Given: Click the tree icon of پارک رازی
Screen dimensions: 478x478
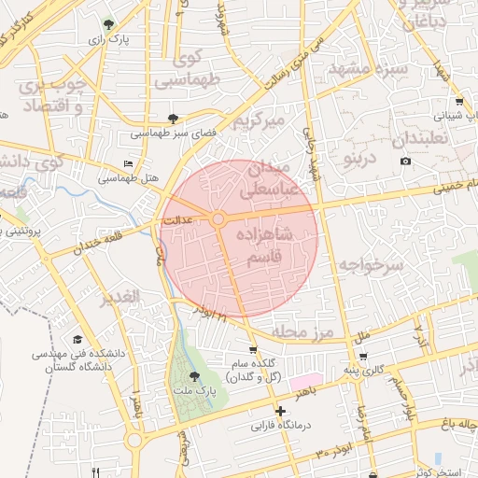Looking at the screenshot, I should tap(112, 23).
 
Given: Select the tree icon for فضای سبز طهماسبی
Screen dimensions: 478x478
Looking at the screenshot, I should tap(173, 118).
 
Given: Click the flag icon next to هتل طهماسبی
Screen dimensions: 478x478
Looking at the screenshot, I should tap(128, 162).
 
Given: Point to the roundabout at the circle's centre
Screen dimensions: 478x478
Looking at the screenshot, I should tap(218, 218).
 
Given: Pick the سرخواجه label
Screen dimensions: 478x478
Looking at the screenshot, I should tap(371, 265).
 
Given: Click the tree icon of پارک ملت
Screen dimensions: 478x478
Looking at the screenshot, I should tap(195, 375).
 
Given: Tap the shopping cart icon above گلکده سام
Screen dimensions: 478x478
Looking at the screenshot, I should tap(252, 350).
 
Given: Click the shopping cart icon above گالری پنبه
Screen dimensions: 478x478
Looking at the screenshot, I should tap(362, 357).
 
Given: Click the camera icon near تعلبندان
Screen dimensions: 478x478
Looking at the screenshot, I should tap(405, 162).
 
